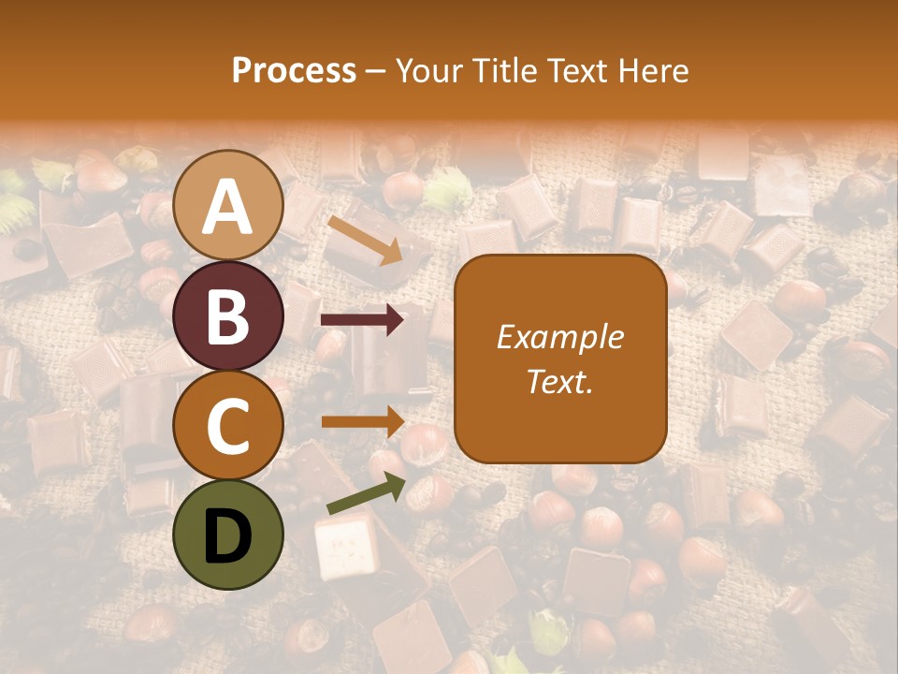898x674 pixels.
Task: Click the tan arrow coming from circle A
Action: click(366, 240)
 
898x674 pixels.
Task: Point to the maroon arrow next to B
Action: click(361, 320)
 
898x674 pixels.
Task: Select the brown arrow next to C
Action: click(361, 421)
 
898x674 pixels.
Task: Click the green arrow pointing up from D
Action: click(366, 493)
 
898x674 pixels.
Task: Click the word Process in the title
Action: click(294, 71)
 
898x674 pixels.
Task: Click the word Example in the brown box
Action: click(560, 337)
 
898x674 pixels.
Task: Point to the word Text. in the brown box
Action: click(560, 381)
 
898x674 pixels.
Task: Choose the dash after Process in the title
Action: click(376, 72)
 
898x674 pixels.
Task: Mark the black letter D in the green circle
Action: click(228, 535)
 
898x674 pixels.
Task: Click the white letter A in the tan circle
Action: click(228, 207)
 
